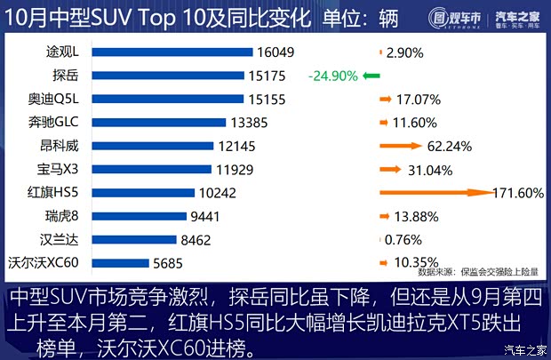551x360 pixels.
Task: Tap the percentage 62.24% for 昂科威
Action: pos(449,146)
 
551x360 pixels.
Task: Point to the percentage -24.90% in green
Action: pos(331,76)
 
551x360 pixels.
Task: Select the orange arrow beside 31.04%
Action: pos(389,168)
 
